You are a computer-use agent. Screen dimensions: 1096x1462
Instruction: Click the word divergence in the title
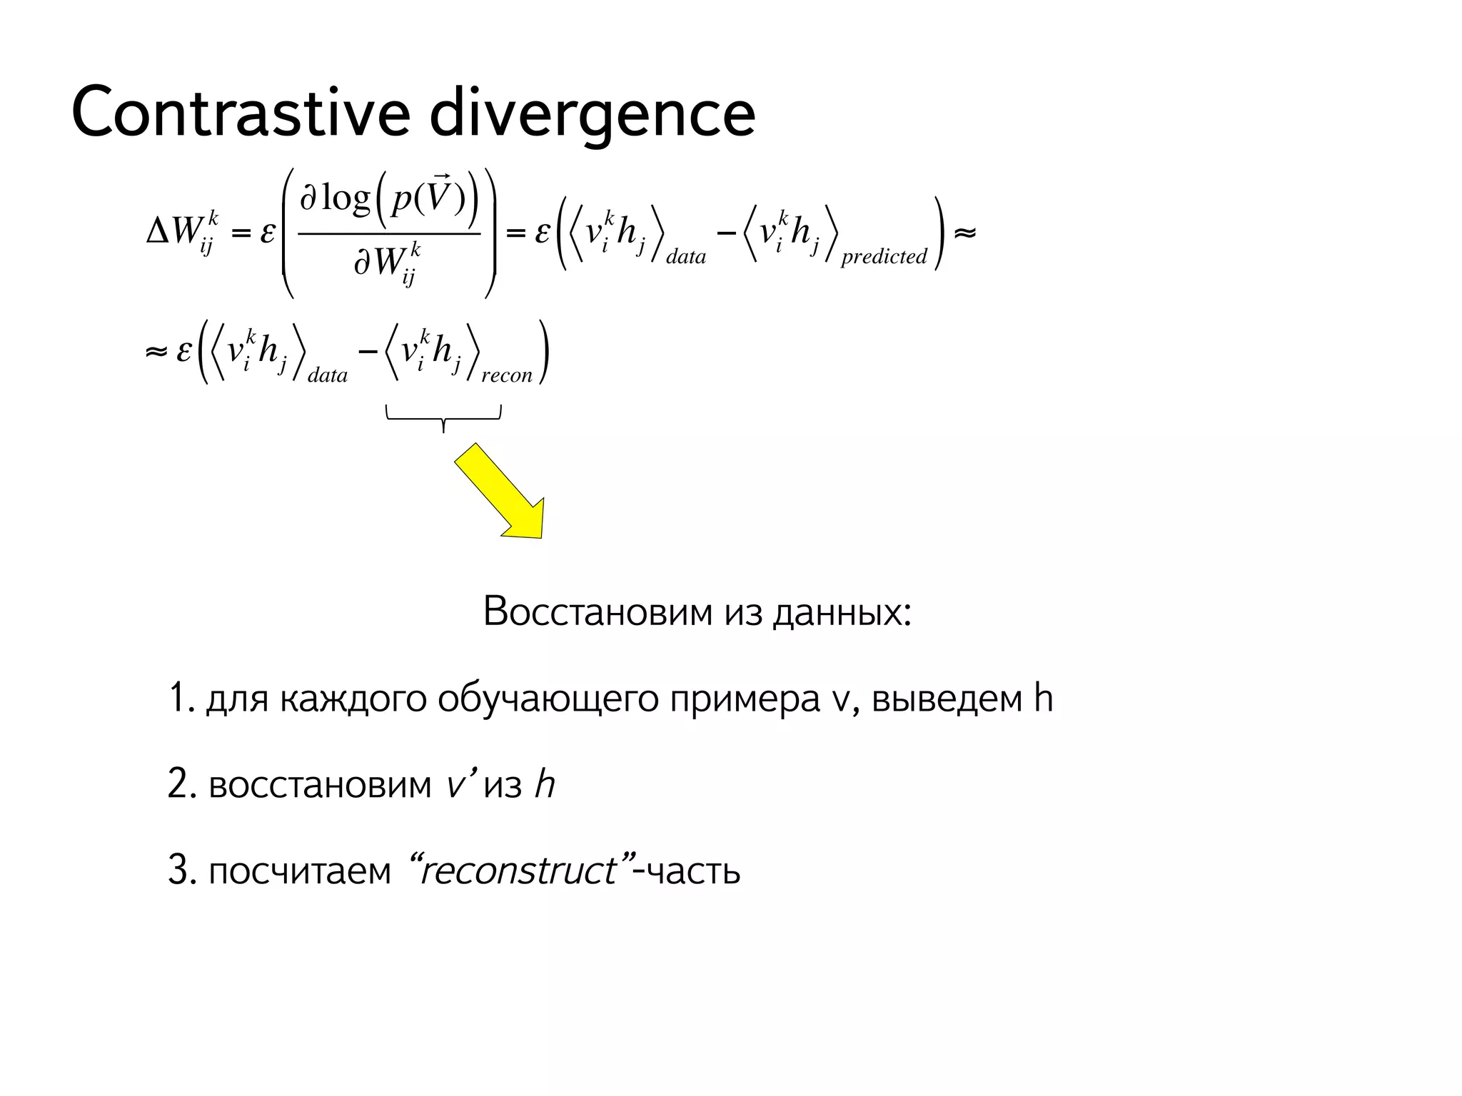pos(592,114)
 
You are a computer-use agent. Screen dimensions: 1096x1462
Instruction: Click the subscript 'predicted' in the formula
pos(884,256)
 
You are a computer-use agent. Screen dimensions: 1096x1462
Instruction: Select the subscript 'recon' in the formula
pos(507,375)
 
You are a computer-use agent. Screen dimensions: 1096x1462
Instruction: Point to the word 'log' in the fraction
pos(346,198)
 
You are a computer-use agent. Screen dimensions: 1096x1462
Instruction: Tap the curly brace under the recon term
pos(443,417)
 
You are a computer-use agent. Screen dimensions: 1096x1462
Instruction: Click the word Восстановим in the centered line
pos(598,612)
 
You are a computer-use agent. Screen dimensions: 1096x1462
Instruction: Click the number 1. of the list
pos(181,698)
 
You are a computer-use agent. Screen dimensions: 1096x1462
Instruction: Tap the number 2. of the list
pos(181,784)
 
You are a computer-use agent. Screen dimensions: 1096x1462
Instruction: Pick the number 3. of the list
pos(181,871)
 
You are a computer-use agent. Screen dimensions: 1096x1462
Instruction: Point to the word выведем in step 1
pos(948,699)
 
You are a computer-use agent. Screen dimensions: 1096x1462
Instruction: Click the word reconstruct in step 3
pos(519,871)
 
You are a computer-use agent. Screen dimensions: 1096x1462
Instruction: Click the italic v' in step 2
pos(456,784)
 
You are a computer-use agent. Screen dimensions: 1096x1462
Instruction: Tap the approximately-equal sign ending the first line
pos(964,233)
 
